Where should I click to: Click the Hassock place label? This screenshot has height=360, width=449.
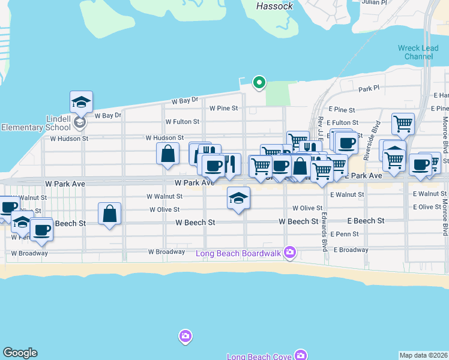point(274,6)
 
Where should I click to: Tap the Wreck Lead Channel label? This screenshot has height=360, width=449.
point(415,52)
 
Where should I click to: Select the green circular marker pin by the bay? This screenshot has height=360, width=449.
point(259,82)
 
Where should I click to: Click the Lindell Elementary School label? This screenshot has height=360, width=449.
point(36,123)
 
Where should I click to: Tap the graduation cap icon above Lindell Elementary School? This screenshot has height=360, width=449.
point(81,103)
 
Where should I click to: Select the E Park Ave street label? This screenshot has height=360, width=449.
point(363,176)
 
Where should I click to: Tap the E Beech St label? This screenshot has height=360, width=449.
point(366,221)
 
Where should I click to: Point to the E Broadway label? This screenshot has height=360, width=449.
point(351,250)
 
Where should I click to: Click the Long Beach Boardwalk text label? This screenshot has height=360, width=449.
point(238,253)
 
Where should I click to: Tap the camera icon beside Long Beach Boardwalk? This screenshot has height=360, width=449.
point(291,252)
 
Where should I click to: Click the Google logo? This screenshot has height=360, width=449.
point(20,353)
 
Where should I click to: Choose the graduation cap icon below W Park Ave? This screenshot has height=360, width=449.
point(238,198)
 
